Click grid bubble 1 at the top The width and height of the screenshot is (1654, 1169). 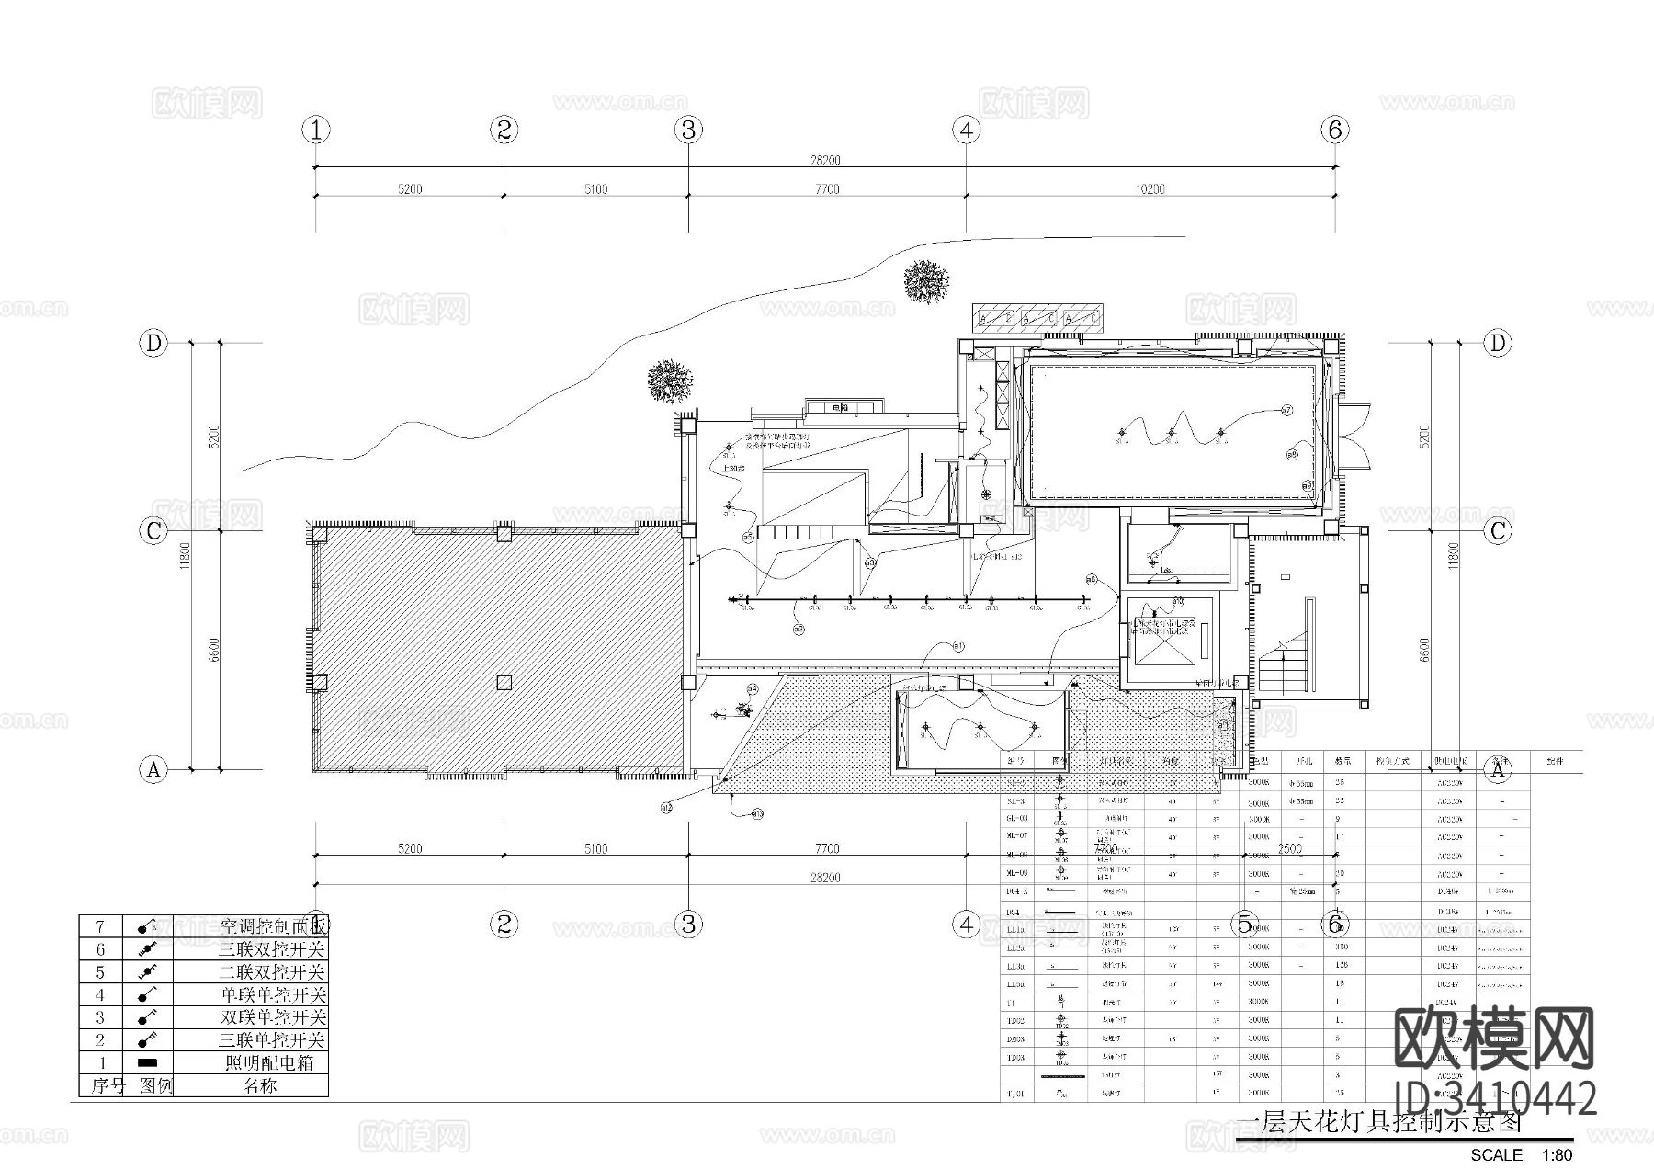click(x=317, y=131)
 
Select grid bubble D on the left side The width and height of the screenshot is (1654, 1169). click(x=153, y=344)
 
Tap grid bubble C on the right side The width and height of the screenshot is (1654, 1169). click(x=1498, y=531)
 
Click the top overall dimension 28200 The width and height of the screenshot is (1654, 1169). click(x=824, y=160)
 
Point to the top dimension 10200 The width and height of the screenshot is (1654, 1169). click(x=1150, y=189)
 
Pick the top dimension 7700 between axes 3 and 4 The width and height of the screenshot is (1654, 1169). click(x=826, y=189)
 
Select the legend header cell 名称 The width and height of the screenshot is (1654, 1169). click(x=260, y=1085)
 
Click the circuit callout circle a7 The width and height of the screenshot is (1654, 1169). click(x=1286, y=411)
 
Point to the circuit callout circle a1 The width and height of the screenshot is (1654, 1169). click(x=958, y=646)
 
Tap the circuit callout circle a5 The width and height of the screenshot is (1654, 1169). click(x=748, y=537)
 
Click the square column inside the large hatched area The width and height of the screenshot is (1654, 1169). click(x=504, y=682)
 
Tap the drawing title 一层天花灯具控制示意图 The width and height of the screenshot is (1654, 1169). click(x=1378, y=1123)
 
